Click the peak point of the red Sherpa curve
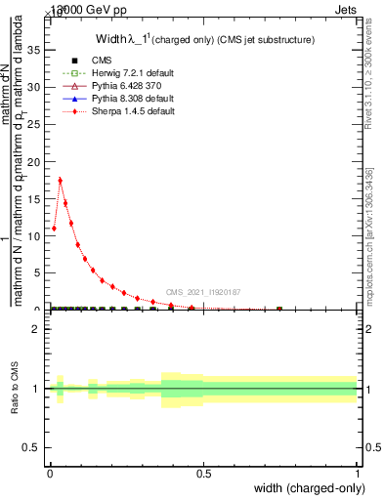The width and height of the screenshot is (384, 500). click(x=61, y=180)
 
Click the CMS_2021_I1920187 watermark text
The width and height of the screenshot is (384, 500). click(x=202, y=292)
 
